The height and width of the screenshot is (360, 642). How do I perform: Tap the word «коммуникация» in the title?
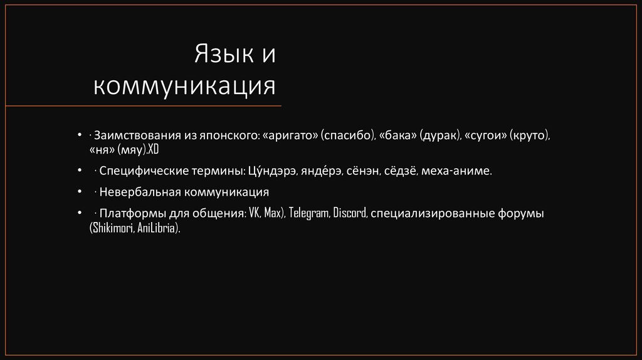(x=185, y=85)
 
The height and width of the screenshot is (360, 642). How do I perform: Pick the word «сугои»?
(x=486, y=135)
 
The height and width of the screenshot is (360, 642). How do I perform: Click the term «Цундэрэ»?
(x=274, y=171)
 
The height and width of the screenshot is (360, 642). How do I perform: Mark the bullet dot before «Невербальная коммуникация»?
(x=80, y=191)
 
